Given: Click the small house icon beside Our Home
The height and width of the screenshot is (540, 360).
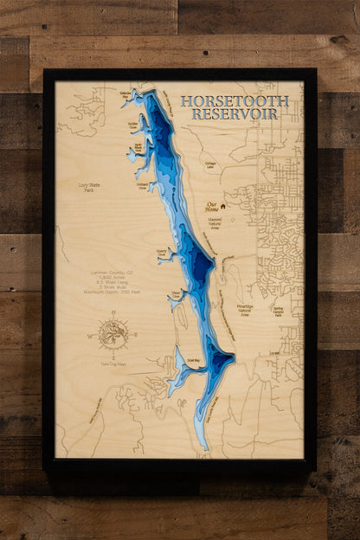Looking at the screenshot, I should (222, 206).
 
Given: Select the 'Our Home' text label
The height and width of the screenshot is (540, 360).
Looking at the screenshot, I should (210, 207).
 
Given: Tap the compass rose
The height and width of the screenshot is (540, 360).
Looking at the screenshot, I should (113, 332).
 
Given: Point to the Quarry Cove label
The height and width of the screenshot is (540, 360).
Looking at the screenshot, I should (162, 252).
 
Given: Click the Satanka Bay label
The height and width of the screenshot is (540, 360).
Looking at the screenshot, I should (125, 93).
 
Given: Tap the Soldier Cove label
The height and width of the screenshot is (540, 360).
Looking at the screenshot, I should (133, 125).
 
